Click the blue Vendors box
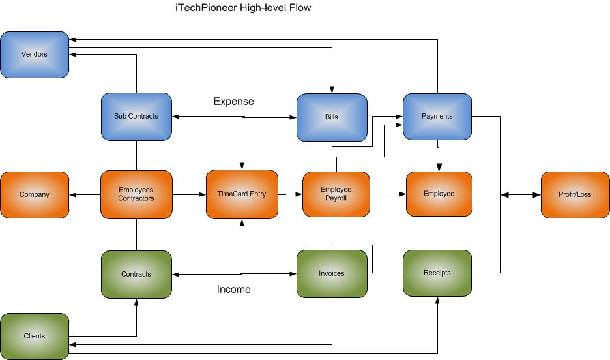click(x=35, y=55)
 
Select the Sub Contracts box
click(x=136, y=117)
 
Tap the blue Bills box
click(x=331, y=117)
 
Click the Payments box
click(x=437, y=117)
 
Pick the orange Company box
click(x=35, y=194)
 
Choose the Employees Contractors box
click(x=136, y=194)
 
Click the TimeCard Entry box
click(x=242, y=194)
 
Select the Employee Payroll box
click(x=336, y=194)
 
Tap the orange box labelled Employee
click(x=439, y=194)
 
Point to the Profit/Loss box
click(x=575, y=194)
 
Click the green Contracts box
click(x=136, y=274)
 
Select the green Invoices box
click(x=331, y=274)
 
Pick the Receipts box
click(x=437, y=273)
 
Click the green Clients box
click(x=35, y=336)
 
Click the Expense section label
click(x=233, y=102)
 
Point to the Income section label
click(x=233, y=289)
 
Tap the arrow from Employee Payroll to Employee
click(x=388, y=194)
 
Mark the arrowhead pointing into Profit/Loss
click(x=537, y=194)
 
